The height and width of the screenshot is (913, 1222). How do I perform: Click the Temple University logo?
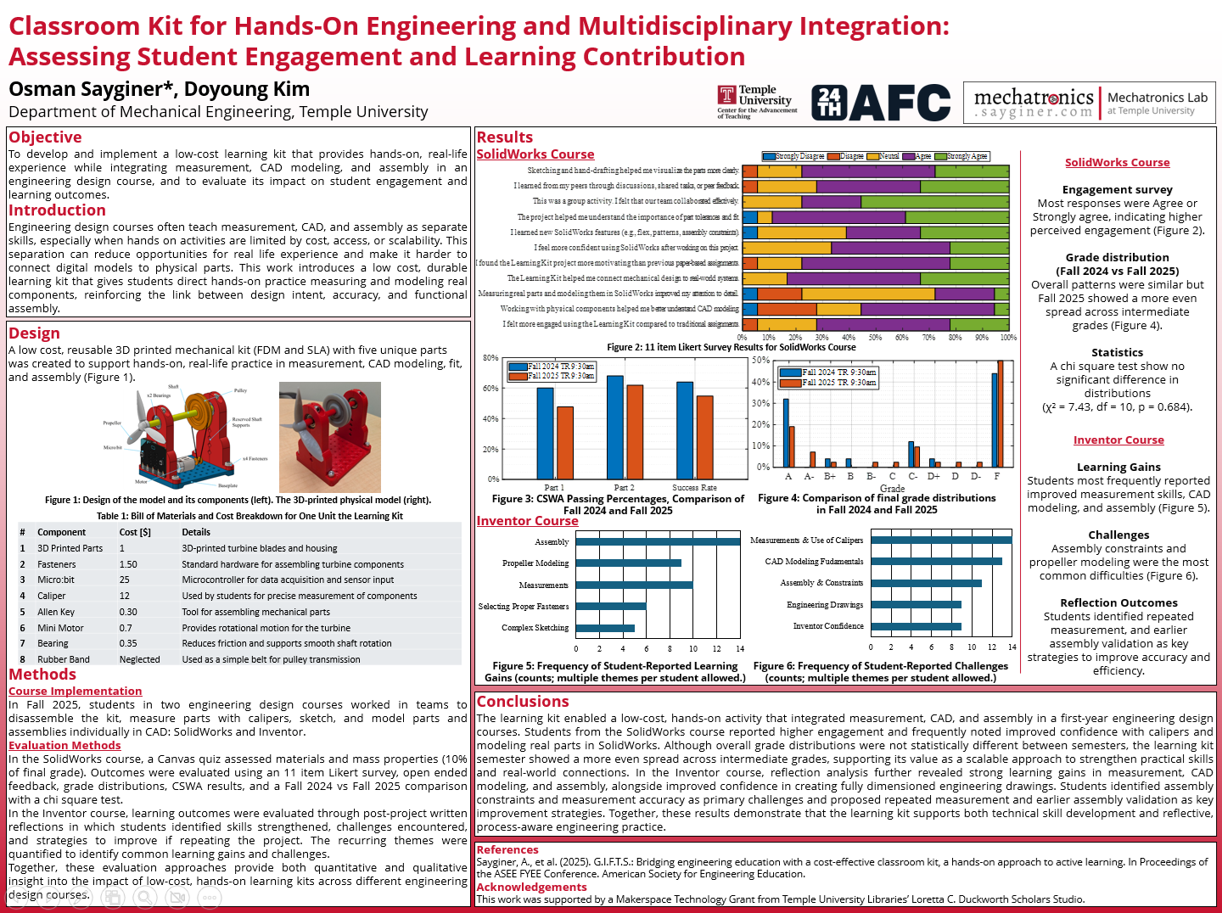tap(757, 102)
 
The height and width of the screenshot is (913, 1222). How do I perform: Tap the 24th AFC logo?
tap(880, 103)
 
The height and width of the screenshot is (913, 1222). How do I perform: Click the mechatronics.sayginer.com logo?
tap(1033, 103)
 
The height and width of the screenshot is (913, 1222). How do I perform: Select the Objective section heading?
tap(45, 137)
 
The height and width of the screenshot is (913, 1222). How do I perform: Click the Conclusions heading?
tap(523, 702)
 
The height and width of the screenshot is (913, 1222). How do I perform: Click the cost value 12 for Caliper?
tap(125, 596)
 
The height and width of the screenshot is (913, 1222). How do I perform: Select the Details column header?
tap(196, 532)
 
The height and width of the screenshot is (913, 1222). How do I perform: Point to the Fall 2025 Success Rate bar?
tap(704, 437)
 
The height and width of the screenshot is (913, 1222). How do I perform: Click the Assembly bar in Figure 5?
tap(658, 541)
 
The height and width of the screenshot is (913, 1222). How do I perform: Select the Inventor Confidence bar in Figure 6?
tap(916, 627)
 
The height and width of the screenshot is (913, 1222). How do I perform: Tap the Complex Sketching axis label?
tap(535, 628)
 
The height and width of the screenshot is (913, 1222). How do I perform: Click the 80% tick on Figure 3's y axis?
tap(490, 358)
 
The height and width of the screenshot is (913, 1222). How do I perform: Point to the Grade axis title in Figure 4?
tap(892, 489)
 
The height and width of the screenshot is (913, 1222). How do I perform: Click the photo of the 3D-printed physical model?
tap(330, 437)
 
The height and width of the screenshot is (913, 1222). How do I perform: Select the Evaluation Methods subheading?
tap(64, 746)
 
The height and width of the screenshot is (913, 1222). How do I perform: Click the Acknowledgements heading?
tap(531, 888)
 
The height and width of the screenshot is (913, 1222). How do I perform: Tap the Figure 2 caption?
tap(732, 347)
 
